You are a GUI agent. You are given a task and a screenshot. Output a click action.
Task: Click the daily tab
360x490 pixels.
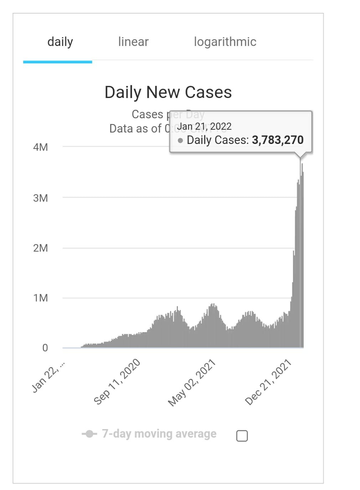(60, 42)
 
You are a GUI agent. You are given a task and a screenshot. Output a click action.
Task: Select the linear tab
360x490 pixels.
(133, 42)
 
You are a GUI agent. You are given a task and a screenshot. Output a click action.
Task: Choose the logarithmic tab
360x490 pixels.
(225, 42)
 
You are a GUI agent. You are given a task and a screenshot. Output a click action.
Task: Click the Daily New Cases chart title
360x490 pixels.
(168, 92)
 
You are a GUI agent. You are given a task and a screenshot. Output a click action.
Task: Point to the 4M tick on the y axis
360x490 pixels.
(40, 147)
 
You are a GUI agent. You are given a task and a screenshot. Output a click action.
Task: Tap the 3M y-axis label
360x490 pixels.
(40, 198)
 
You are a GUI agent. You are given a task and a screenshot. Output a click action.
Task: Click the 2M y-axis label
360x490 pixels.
(40, 248)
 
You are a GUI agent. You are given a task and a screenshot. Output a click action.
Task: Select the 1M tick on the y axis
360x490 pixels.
(40, 298)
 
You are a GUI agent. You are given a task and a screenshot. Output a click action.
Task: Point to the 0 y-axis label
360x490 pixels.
(45, 348)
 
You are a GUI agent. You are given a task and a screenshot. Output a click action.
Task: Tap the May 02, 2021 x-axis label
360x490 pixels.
(192, 383)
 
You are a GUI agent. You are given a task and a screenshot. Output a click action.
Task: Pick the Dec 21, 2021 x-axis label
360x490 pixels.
(268, 383)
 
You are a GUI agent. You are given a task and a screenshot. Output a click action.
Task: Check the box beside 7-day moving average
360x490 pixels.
(242, 435)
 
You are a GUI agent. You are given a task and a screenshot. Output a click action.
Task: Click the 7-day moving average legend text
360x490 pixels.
(159, 434)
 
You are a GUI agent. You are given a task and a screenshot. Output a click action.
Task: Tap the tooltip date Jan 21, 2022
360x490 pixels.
(204, 127)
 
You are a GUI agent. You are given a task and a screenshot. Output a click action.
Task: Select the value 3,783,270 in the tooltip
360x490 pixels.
(278, 140)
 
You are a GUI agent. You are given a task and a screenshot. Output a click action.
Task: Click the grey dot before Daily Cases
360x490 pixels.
(180, 140)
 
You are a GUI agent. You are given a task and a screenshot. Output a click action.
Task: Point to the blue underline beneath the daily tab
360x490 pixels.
(57, 62)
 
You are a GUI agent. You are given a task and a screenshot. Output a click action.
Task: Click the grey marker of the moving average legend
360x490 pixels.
(89, 434)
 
